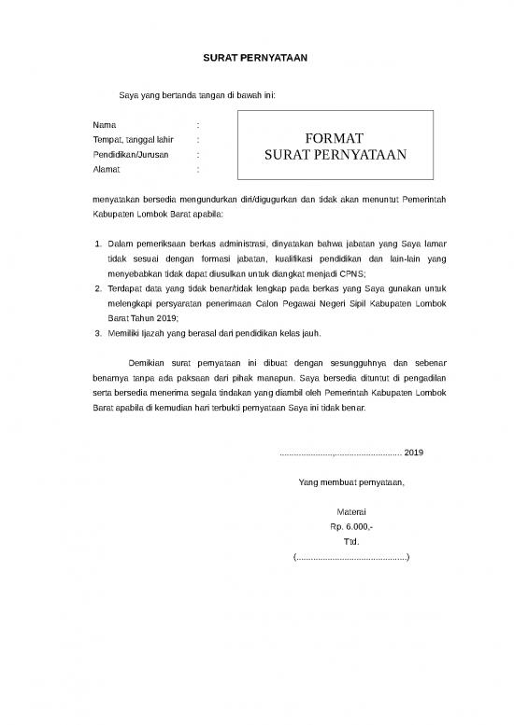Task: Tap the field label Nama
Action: (105, 124)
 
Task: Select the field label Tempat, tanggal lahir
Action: (134, 139)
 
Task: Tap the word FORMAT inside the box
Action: (334, 138)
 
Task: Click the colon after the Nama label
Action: (199, 124)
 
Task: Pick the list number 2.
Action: (100, 288)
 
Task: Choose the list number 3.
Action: (100, 332)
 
